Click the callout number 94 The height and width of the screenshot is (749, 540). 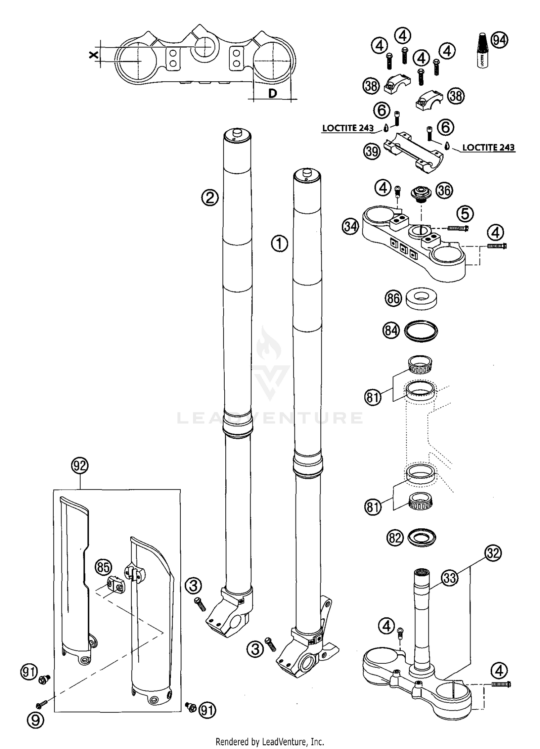(499, 40)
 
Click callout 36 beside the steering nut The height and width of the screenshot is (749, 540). (444, 190)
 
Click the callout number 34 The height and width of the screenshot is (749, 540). (351, 227)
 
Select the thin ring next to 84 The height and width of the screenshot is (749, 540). (421, 330)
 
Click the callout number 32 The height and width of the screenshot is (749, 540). (493, 552)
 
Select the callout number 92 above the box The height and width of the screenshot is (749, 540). (80, 466)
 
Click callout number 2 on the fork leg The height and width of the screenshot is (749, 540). (210, 198)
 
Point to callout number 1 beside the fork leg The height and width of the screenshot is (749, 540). (279, 244)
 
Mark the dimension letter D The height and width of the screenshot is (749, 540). (273, 93)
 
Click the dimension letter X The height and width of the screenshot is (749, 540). (94, 55)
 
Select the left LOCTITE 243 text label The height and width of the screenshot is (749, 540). (348, 128)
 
